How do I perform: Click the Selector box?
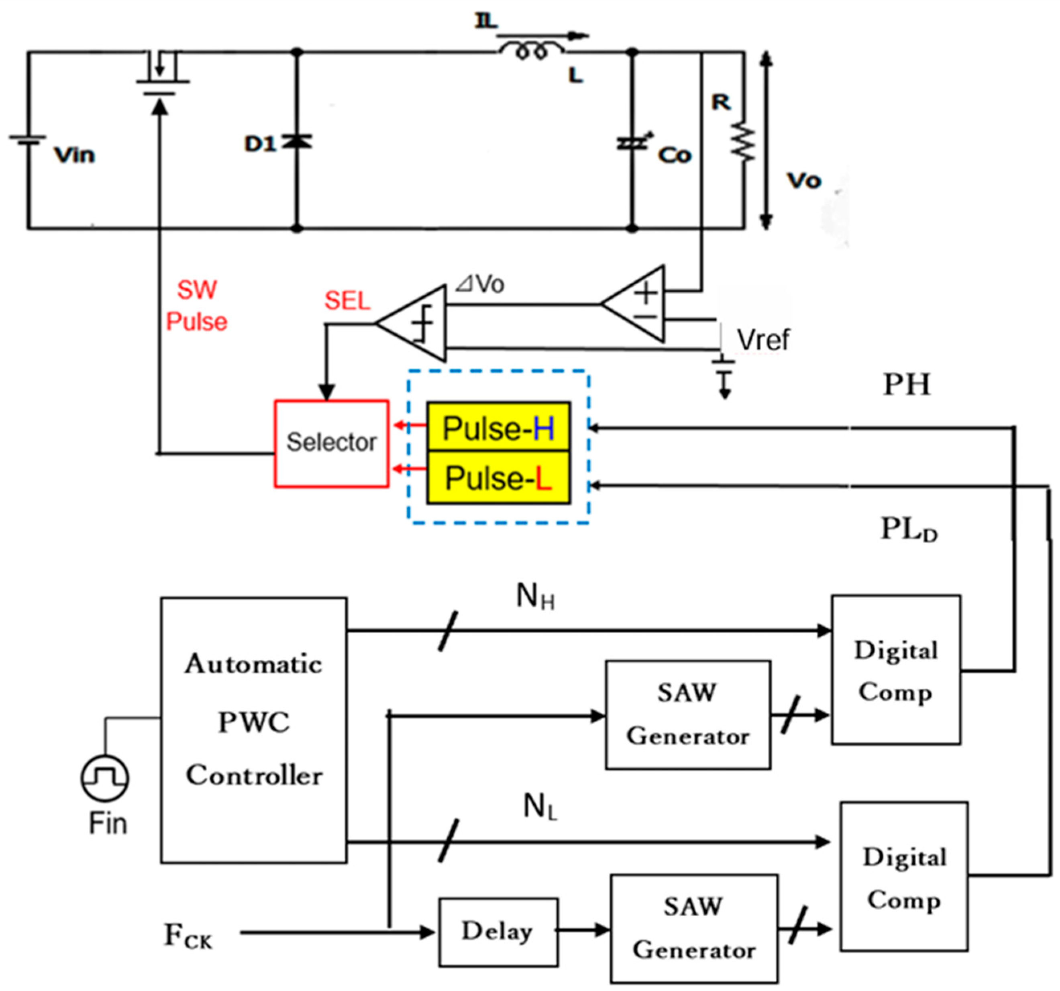[331, 443]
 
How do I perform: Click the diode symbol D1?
[297, 142]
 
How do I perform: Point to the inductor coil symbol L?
[532, 51]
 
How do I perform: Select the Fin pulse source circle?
[104, 778]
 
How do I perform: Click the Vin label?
[74, 155]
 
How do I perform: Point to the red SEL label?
[347, 301]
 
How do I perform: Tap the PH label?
[907, 385]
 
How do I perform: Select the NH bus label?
[535, 596]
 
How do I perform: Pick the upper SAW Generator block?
[687, 715]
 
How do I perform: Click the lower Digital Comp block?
[904, 878]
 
